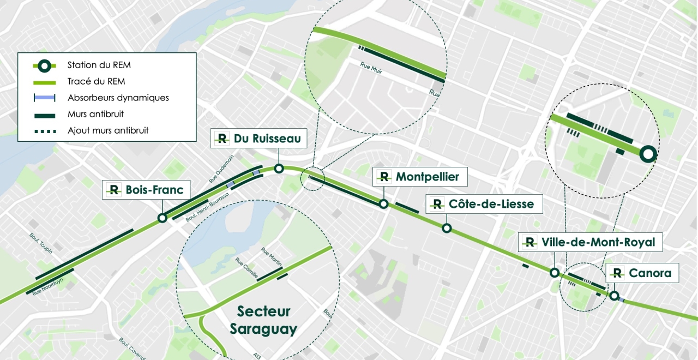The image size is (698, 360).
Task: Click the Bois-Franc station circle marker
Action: click(x=162, y=218)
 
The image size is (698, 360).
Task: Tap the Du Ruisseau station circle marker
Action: click(x=279, y=169)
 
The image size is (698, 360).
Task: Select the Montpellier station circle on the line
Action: click(x=384, y=204)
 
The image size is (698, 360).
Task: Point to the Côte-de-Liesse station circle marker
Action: click(x=447, y=228)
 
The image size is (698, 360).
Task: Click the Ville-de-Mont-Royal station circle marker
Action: click(x=554, y=273)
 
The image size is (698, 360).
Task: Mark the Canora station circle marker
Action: click(x=615, y=296)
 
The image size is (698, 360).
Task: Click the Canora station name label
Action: click(x=649, y=273)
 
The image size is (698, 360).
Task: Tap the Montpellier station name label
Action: click(x=427, y=177)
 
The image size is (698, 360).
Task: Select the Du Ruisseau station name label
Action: click(x=267, y=139)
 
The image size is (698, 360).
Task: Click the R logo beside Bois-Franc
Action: click(x=114, y=190)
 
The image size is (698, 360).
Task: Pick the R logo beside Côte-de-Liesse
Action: click(x=437, y=205)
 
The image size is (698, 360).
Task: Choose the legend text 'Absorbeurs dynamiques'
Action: click(x=118, y=98)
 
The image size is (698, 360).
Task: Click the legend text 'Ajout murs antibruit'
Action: click(x=108, y=131)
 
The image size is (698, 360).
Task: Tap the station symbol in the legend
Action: click(x=44, y=65)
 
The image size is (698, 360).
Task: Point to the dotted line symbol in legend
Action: click(x=44, y=131)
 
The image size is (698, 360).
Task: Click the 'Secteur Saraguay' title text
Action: click(x=263, y=320)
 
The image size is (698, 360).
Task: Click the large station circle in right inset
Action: click(x=647, y=154)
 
